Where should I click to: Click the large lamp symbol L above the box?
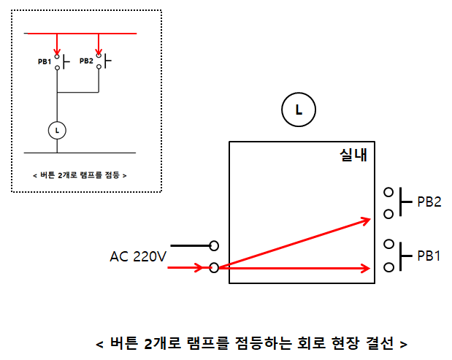click(298, 110)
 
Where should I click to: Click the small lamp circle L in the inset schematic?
click(58, 130)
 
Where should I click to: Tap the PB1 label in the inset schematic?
click(45, 61)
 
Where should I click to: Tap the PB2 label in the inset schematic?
click(86, 61)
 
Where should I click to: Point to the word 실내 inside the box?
click(353, 155)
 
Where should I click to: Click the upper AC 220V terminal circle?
click(214, 245)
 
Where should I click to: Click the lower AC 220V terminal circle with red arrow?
click(214, 267)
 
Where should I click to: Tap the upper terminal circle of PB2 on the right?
click(388, 193)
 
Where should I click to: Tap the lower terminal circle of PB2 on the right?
click(388, 214)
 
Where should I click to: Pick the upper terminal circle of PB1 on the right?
click(388, 245)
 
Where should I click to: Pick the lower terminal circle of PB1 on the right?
click(388, 267)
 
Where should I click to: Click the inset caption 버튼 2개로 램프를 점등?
click(80, 175)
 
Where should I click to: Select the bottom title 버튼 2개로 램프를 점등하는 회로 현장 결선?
click(251, 343)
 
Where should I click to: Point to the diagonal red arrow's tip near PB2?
click(368, 219)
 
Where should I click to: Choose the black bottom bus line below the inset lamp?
click(80, 153)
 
